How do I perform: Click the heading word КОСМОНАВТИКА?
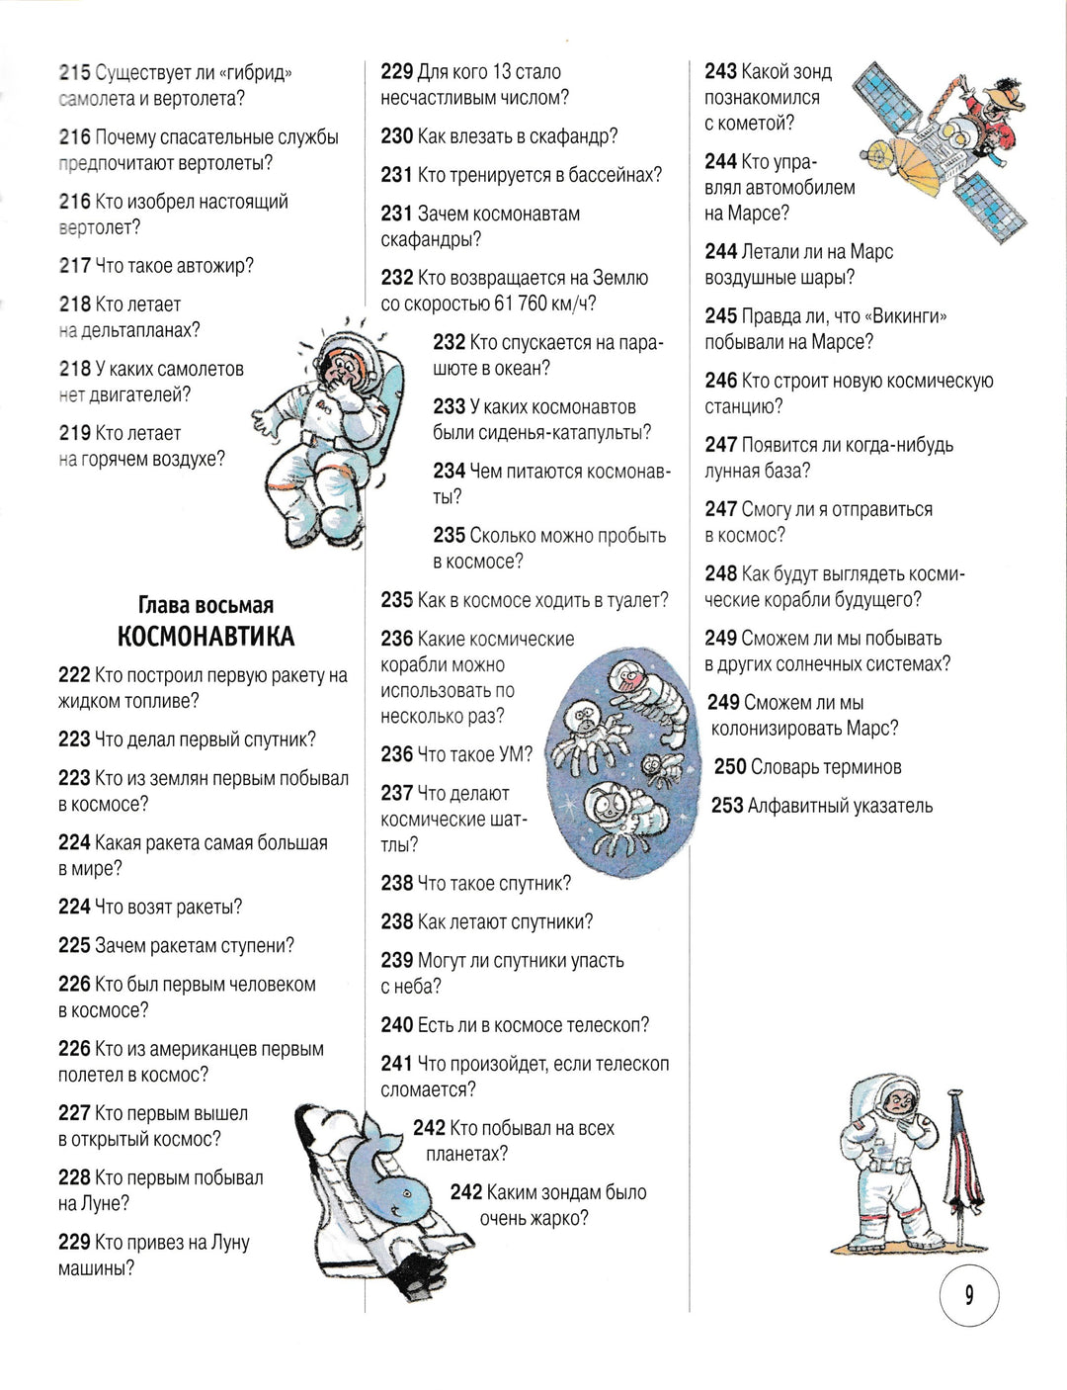(x=205, y=636)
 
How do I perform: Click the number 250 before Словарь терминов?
(x=730, y=767)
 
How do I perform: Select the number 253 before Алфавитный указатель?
(x=727, y=806)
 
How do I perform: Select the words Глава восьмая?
(x=205, y=605)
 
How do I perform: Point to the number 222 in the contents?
(x=74, y=675)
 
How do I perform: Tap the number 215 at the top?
(x=74, y=73)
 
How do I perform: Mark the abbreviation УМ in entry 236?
(x=516, y=754)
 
